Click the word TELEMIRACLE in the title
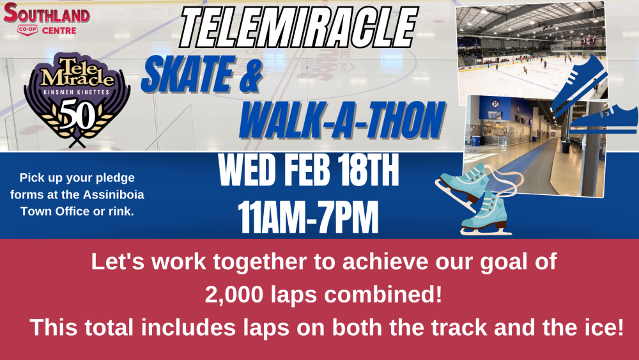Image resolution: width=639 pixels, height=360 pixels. point(298,27)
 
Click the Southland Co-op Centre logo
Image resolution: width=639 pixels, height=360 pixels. point(46,19)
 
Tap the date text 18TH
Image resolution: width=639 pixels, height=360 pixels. point(369,171)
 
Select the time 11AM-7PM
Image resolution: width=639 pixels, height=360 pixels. point(308,217)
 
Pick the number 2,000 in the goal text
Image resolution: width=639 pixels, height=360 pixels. point(234,294)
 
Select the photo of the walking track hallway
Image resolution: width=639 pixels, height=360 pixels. point(535,146)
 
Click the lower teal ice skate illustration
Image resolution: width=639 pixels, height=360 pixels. point(486,214)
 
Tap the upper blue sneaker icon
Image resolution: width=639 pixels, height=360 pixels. point(579,84)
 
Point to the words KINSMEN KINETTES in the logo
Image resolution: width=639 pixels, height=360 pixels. point(77,92)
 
